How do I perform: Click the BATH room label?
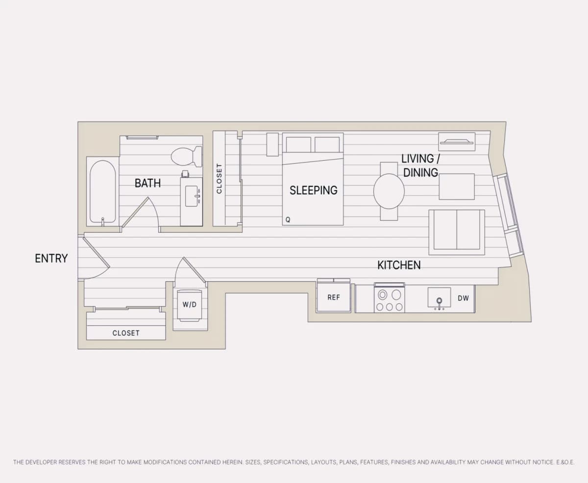[148, 183]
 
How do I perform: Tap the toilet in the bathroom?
[187, 156]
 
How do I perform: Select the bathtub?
[102, 192]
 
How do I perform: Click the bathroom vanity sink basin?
[192, 196]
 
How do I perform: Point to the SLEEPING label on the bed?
[314, 191]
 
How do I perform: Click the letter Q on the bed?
[288, 220]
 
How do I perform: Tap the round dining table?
[389, 191]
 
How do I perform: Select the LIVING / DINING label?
[420, 166]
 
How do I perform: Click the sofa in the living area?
[457, 232]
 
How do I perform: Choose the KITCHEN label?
[399, 265]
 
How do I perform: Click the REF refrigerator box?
[334, 297]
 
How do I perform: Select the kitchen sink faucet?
[439, 303]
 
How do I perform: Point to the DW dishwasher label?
[463, 298]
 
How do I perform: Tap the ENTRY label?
[51, 258]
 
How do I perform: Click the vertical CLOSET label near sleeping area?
[219, 178]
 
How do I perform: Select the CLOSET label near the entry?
[126, 333]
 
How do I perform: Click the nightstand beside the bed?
[272, 145]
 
